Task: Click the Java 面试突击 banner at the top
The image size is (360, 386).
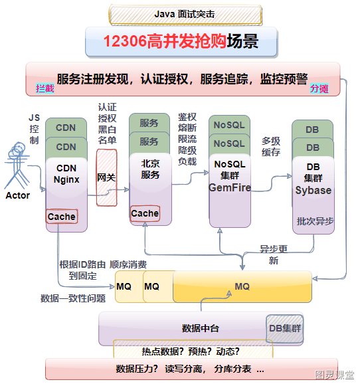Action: (185, 15)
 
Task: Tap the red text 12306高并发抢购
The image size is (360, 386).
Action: (165, 41)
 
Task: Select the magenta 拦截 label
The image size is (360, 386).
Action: (45, 88)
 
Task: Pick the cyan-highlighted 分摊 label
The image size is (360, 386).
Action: (319, 88)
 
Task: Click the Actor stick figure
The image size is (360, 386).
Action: (17, 165)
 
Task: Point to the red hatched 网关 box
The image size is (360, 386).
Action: (106, 177)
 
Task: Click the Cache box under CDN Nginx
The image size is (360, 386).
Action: (62, 217)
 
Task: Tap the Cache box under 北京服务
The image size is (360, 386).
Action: (145, 213)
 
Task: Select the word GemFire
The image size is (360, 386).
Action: (230, 187)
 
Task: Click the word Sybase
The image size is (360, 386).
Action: (314, 190)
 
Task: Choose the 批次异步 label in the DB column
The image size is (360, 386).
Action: (315, 221)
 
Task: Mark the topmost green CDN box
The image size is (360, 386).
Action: (66, 128)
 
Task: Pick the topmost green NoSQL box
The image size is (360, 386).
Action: (229, 125)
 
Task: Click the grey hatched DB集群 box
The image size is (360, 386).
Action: (285, 328)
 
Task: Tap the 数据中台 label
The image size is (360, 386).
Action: (201, 328)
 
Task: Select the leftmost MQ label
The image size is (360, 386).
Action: (124, 286)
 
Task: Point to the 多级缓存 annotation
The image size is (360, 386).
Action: (271, 147)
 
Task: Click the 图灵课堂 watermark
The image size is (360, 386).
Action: (335, 375)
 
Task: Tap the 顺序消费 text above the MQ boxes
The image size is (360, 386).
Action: (128, 264)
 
